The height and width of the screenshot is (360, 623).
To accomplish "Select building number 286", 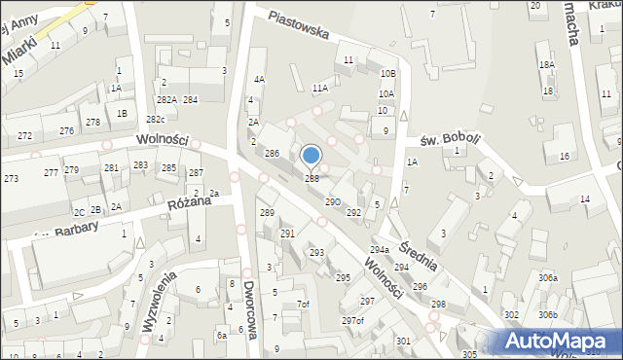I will pos(273,154).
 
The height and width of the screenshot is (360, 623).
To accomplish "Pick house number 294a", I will pos(379,250).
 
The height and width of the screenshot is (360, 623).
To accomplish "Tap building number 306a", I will pos(548,277).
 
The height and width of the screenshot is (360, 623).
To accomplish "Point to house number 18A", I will pos(547,64).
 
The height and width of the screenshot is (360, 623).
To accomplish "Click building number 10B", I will pos(387,73).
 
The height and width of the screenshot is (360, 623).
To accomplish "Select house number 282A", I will pos(166,99).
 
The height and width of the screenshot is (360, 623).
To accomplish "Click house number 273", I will pos(11,179).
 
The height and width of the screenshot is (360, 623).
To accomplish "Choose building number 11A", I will pos(320,88).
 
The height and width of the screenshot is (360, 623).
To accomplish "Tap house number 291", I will pos(287,234).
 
